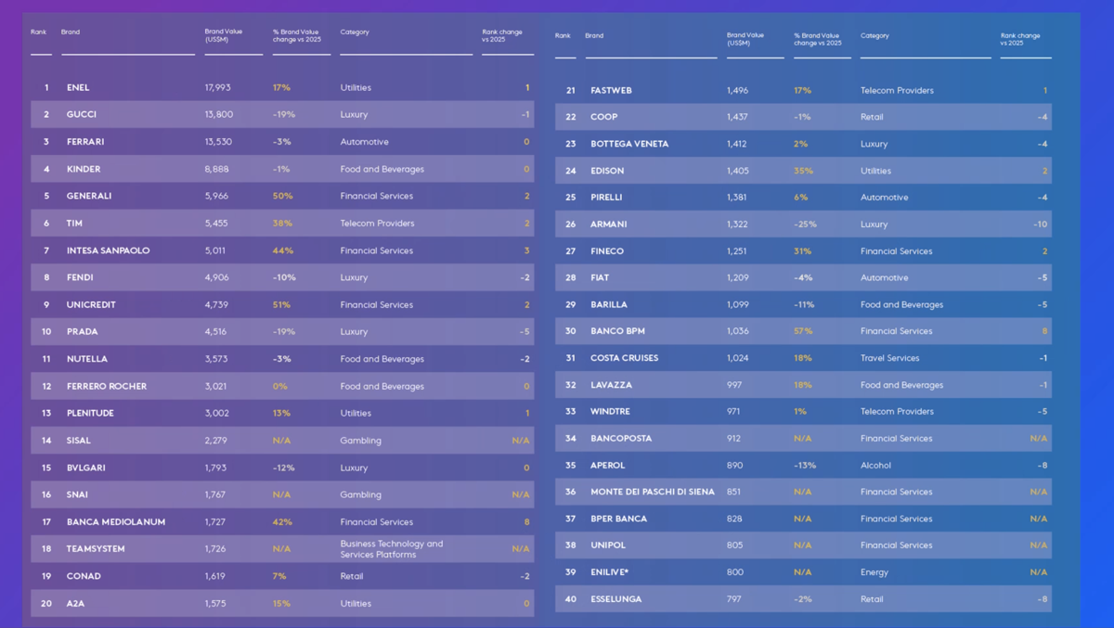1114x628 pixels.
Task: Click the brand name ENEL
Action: [x=78, y=88]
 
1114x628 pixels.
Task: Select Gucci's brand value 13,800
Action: [x=219, y=115]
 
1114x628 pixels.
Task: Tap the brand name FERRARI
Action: [x=85, y=142]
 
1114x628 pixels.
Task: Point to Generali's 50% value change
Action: [x=282, y=197]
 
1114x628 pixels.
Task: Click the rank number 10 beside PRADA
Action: [x=46, y=332]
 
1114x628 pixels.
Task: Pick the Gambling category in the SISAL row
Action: [x=360, y=441]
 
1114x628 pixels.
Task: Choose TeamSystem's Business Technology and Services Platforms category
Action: [x=391, y=549]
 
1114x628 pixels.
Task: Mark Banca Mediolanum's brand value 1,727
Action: [x=215, y=522]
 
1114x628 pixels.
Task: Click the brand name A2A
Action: [x=75, y=604]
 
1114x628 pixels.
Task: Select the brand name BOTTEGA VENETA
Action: [x=629, y=144]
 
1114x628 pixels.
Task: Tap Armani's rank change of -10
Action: [x=1040, y=224]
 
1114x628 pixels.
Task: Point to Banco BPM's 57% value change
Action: [x=803, y=331]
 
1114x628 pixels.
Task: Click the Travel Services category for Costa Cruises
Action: [x=889, y=358]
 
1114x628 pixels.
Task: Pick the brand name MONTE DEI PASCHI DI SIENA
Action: [x=653, y=492]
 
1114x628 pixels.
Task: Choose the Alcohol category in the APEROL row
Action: [x=875, y=466]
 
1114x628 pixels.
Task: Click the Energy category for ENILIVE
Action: [x=874, y=572]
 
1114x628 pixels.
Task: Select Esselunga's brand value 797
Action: [x=734, y=599]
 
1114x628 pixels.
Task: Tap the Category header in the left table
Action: [x=355, y=32]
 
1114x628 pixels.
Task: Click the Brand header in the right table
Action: [x=594, y=36]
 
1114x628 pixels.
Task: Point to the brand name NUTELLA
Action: [x=87, y=359]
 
